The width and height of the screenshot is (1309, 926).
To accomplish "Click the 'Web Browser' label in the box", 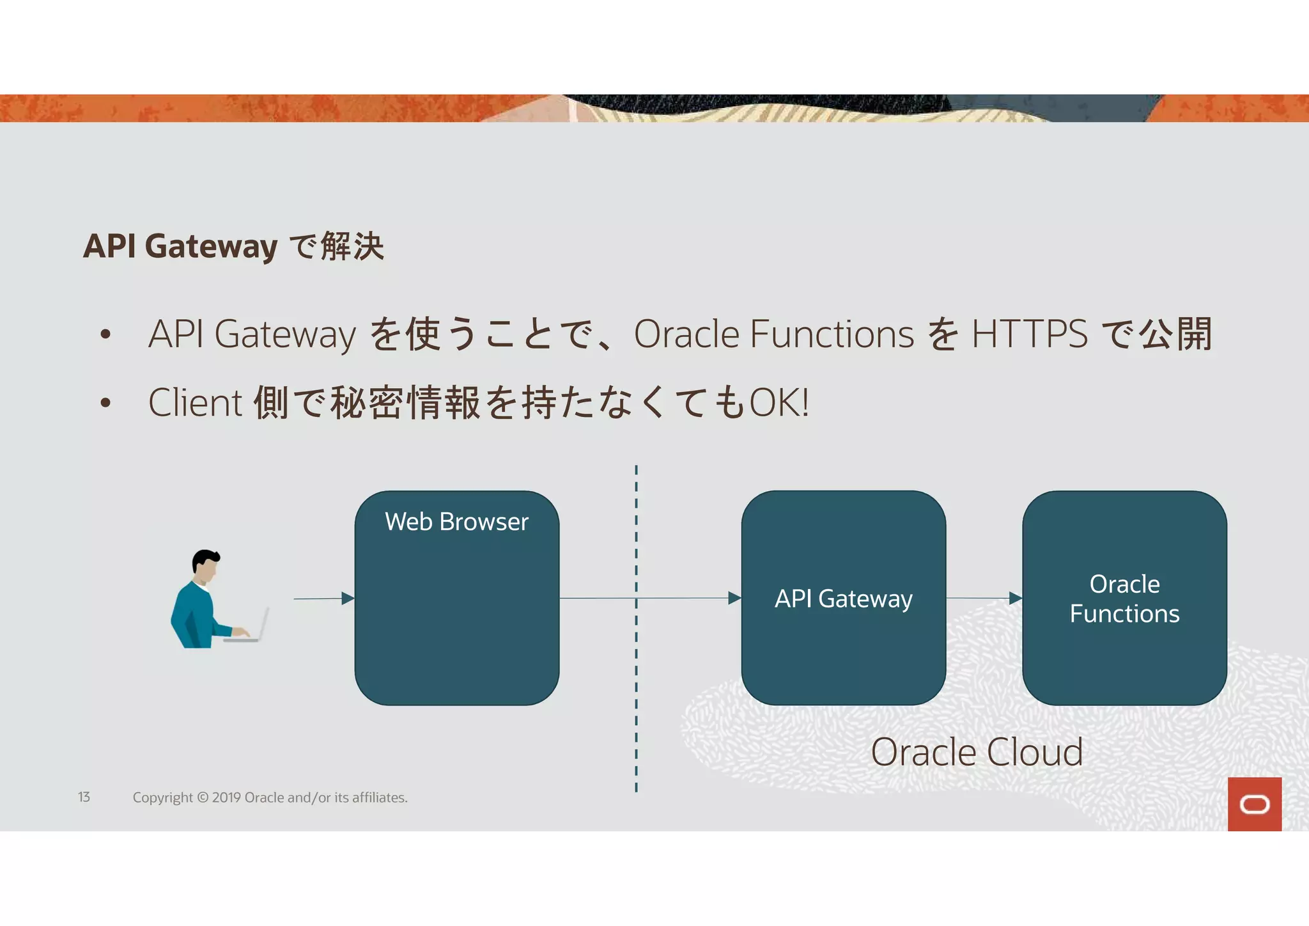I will [456, 522].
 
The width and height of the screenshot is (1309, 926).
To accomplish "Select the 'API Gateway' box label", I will [843, 599].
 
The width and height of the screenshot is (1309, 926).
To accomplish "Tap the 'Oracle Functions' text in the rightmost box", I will [1124, 599].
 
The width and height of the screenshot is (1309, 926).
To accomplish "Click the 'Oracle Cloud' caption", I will [977, 752].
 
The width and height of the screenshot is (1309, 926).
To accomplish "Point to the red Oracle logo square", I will [1254, 804].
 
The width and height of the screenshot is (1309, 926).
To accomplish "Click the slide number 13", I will [84, 797].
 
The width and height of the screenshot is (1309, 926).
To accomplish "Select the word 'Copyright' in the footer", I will [162, 797].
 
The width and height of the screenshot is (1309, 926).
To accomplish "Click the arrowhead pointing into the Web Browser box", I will [348, 599].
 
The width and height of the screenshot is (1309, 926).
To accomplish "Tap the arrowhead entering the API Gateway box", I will [734, 599].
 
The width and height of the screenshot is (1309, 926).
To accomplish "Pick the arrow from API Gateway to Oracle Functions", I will [984, 599].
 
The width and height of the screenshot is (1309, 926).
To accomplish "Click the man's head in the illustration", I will [205, 565].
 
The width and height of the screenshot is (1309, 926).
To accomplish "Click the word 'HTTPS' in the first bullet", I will [1029, 334].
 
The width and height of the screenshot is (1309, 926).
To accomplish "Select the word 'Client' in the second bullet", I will [195, 403].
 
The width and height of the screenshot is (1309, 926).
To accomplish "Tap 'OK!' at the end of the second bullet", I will [778, 403].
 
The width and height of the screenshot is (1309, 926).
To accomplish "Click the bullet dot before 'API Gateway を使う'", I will [106, 334].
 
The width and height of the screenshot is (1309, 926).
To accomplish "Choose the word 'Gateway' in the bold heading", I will [211, 246].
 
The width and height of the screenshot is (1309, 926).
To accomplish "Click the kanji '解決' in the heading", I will [352, 246].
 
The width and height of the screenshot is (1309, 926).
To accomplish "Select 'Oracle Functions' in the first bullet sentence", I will [773, 334].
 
